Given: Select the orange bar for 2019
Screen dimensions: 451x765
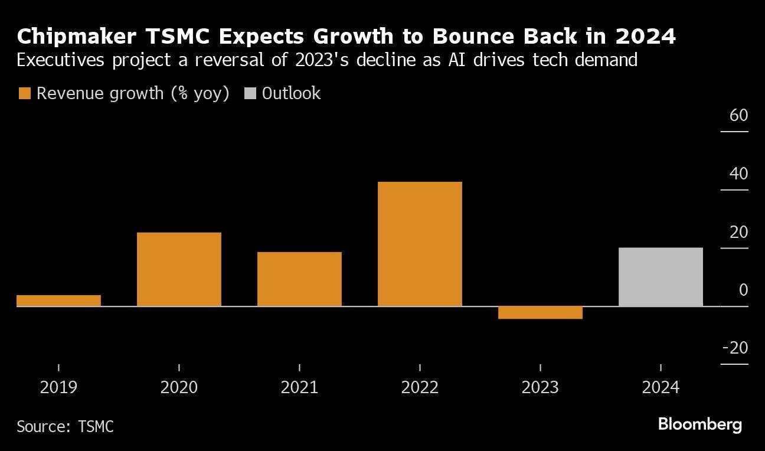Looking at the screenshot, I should pyautogui.click(x=58, y=300).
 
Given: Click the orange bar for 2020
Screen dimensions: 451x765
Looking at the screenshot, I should pyautogui.click(x=179, y=269).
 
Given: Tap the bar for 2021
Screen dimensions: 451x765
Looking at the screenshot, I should pyautogui.click(x=299, y=279).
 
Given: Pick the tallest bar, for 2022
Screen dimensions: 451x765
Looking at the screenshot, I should pyautogui.click(x=420, y=244).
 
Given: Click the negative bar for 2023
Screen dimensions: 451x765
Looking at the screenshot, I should pyautogui.click(x=540, y=313).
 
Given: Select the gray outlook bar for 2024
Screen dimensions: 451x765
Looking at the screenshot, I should pyautogui.click(x=661, y=277).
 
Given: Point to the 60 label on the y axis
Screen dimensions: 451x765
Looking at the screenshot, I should pyautogui.click(x=738, y=115).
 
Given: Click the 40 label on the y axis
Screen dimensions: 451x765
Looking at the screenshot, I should pyautogui.click(x=738, y=174).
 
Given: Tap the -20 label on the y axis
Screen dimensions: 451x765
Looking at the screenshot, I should pyautogui.click(x=735, y=348).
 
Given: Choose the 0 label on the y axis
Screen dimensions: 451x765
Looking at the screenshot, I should pyautogui.click(x=743, y=290).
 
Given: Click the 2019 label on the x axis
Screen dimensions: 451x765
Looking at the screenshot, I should pyautogui.click(x=58, y=388).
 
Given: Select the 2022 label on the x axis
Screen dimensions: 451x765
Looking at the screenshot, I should pyautogui.click(x=420, y=388).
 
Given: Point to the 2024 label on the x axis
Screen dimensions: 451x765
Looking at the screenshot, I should pyautogui.click(x=661, y=388).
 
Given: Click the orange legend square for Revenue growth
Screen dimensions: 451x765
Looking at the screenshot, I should pyautogui.click(x=24, y=94).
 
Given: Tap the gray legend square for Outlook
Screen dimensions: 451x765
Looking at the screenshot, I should pyautogui.click(x=250, y=94).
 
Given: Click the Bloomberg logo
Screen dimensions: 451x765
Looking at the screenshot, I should pyautogui.click(x=699, y=424).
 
